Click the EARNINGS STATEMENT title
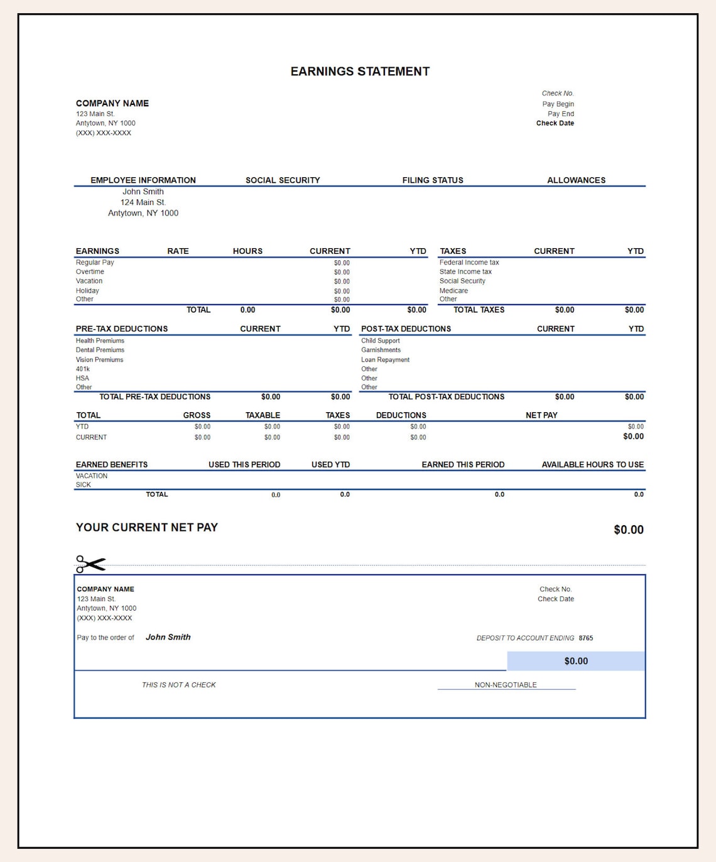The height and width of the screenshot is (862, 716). [360, 72]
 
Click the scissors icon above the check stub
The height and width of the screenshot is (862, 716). [90, 564]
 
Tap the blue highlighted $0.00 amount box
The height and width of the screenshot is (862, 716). [576, 661]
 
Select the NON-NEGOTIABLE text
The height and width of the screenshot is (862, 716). [506, 685]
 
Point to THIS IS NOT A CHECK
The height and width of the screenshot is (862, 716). [178, 685]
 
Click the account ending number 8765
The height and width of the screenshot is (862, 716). [586, 638]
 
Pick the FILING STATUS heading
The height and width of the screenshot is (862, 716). [433, 180]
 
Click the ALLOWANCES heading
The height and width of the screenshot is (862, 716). [576, 180]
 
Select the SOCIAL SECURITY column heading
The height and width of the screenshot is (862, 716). [283, 180]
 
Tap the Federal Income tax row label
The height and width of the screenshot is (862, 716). [469, 263]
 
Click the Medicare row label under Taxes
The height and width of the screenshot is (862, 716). [453, 291]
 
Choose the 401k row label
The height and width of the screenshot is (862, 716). [83, 369]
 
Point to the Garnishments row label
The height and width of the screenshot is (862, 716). [381, 350]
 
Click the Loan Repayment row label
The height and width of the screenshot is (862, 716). [385, 360]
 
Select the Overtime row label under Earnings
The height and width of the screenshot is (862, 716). [90, 272]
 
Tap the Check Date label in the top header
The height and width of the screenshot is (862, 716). [555, 123]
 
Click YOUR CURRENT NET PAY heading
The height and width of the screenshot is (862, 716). [146, 528]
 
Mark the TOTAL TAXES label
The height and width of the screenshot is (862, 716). [479, 310]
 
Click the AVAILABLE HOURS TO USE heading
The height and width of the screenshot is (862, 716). [592, 465]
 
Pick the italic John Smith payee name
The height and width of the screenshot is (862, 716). [168, 637]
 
